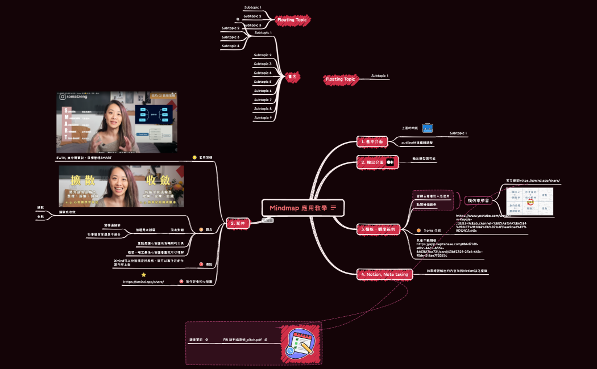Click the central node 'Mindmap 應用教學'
click(303, 208)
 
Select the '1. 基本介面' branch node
click(373, 141)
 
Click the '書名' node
click(293, 76)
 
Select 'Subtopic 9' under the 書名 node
click(263, 118)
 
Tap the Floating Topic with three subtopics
click(293, 20)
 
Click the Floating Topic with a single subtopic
click(340, 79)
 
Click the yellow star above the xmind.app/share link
click(143, 274)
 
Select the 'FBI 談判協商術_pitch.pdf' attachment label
click(242, 339)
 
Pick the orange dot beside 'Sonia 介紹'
click(418, 230)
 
